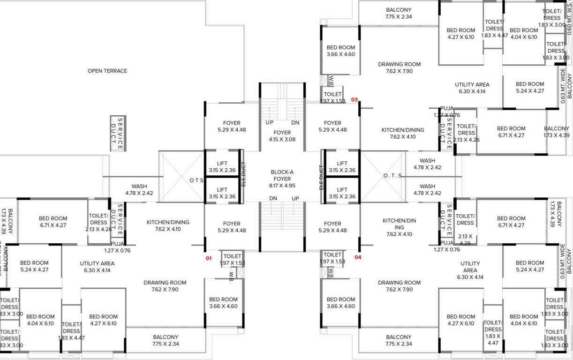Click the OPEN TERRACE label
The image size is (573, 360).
pos(107,71)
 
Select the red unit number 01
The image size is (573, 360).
pos(209,258)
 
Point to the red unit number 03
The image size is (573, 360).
pos(354,100)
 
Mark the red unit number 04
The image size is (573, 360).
pos(358,257)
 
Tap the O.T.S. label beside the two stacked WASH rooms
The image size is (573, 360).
pos(392,176)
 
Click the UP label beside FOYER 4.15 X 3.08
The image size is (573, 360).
pos(270,122)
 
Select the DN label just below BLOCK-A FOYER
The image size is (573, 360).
pos(273,199)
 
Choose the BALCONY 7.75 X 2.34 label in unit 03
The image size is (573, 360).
pos(399,13)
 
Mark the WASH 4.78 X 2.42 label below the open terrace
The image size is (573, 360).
pos(139,189)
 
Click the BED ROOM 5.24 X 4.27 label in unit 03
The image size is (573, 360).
pos(530,88)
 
